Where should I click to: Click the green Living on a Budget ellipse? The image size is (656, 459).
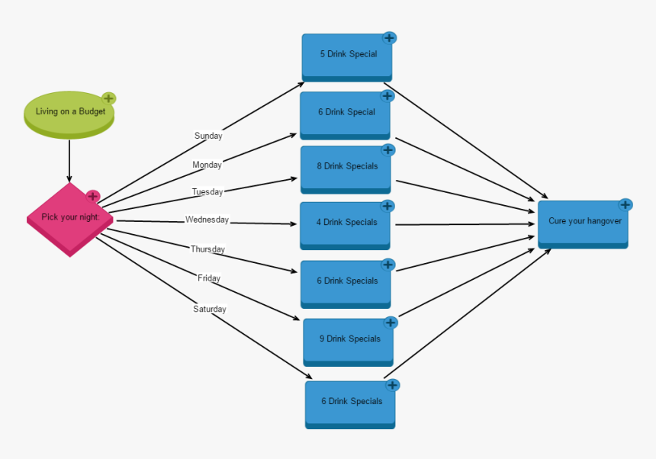(69, 114)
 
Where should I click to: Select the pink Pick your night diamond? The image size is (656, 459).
(69, 218)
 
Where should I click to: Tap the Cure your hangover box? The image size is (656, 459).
(584, 222)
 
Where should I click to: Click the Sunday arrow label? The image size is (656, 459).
(208, 136)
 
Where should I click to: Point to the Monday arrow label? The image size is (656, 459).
(207, 165)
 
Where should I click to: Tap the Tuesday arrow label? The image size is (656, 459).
(207, 192)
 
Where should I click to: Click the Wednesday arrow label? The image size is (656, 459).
(207, 220)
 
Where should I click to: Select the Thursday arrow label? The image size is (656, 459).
(207, 249)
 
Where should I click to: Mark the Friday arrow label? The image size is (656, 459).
(209, 278)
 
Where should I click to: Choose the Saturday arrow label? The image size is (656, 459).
(209, 310)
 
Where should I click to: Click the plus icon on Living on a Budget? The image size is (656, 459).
(109, 98)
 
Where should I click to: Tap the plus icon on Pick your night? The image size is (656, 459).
(93, 196)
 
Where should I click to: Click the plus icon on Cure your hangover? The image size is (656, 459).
(625, 204)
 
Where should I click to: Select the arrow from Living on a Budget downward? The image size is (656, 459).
(69, 160)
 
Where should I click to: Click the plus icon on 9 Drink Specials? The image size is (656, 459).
(391, 323)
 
